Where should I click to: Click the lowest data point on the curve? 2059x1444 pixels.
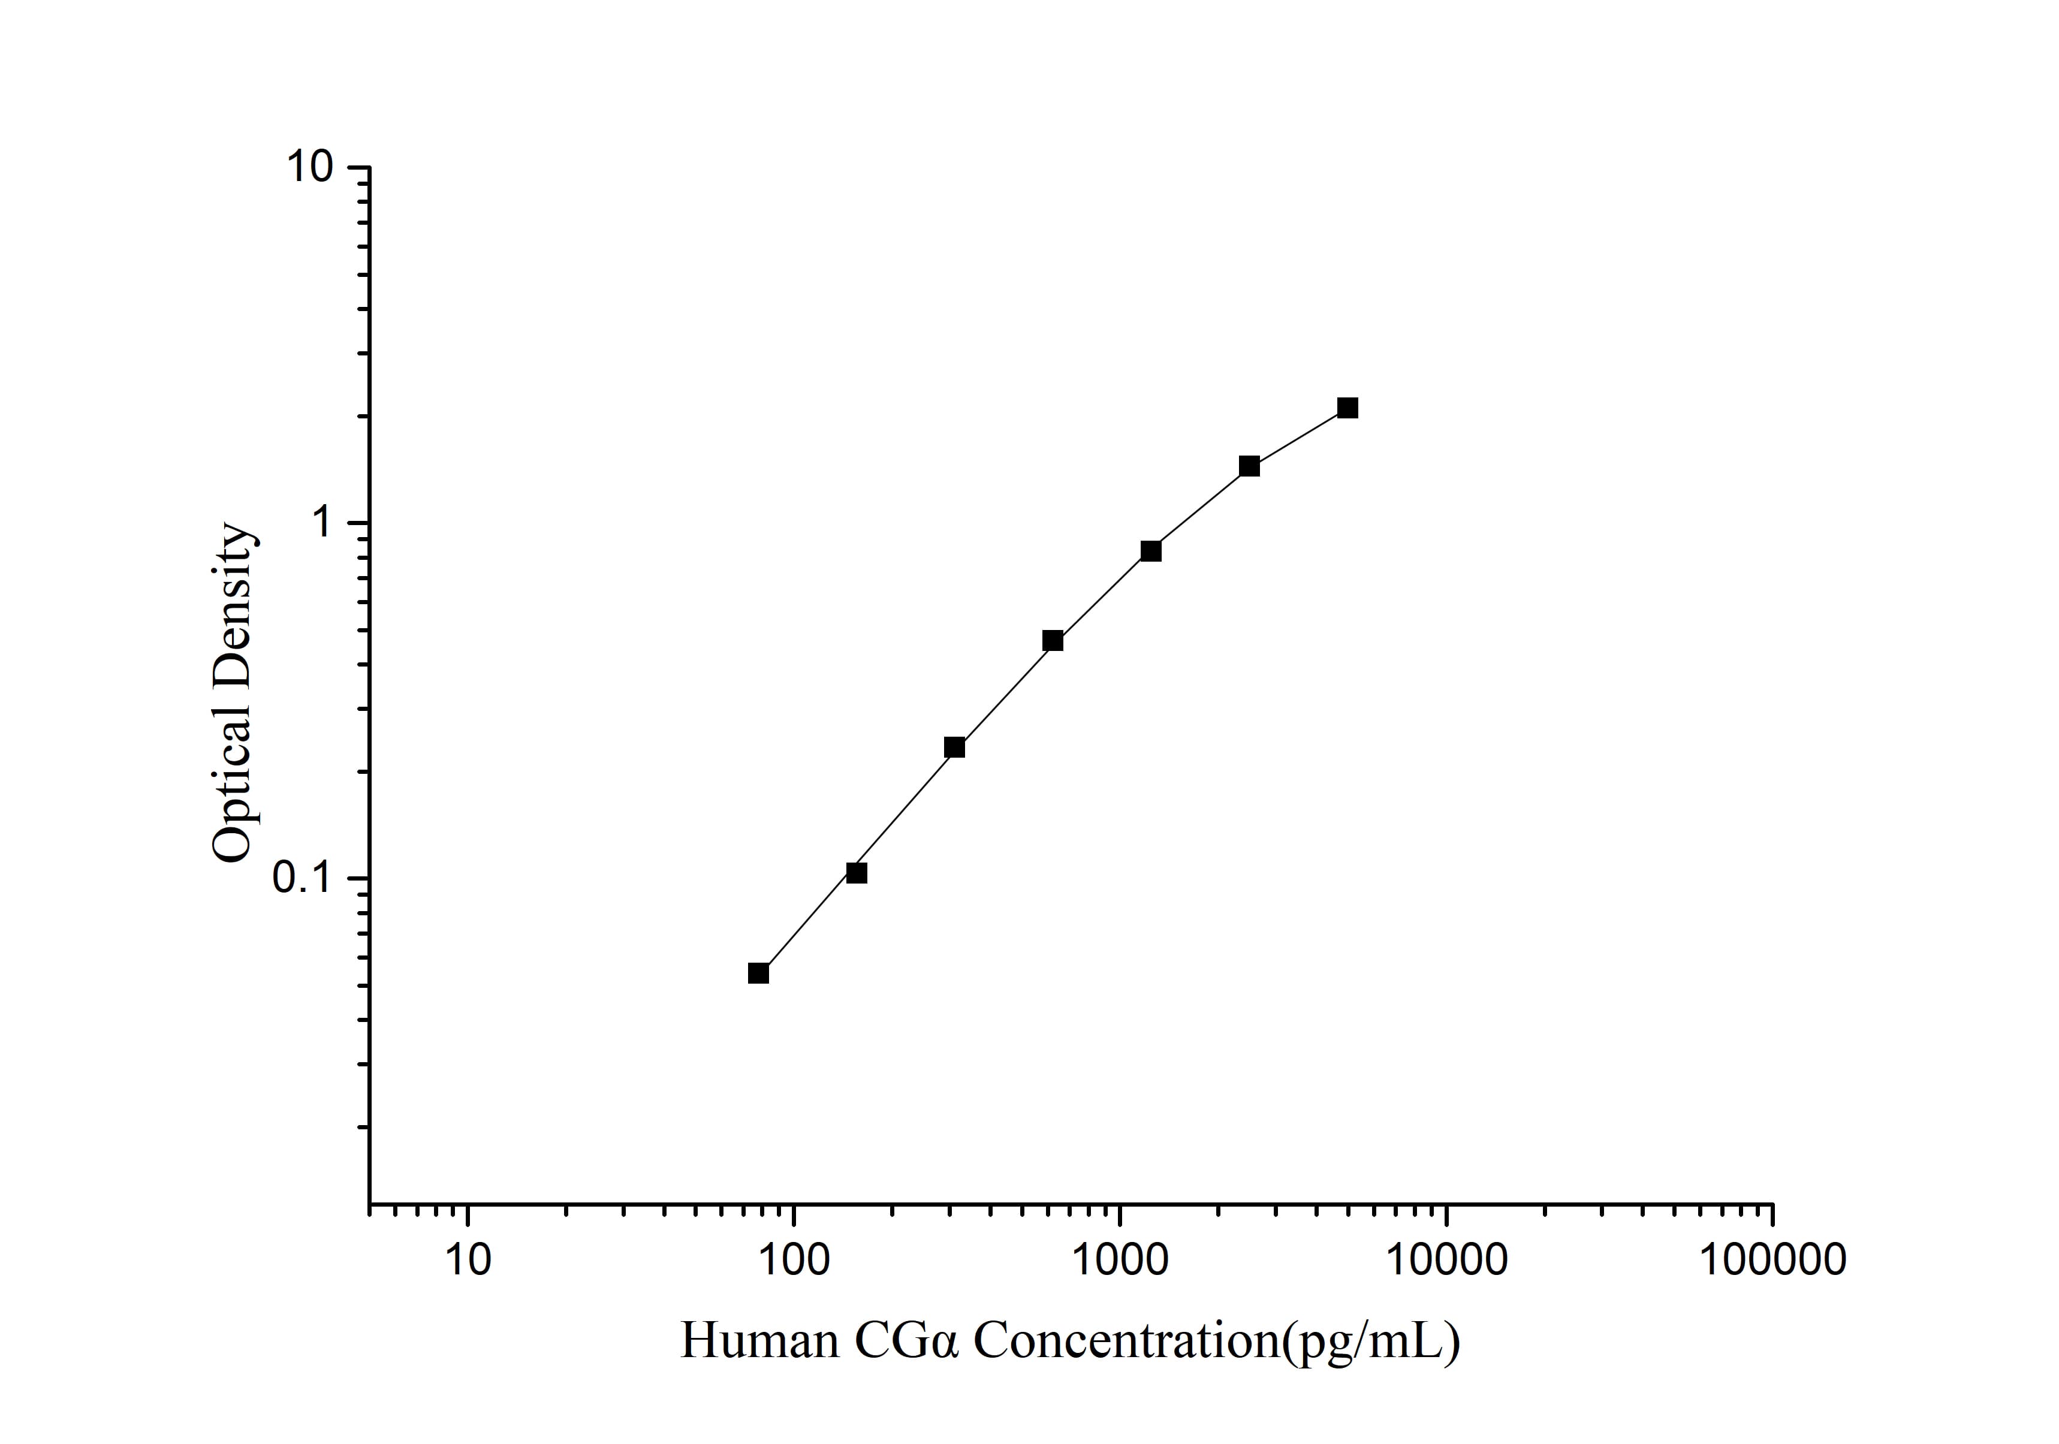758,973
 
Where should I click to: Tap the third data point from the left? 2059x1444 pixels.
954,747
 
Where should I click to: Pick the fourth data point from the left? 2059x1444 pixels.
1053,640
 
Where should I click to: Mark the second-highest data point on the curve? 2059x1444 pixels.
1249,466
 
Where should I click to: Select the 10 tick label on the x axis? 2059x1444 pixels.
467,1260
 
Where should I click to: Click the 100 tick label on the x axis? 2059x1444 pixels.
794,1260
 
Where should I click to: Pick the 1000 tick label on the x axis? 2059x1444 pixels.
1120,1260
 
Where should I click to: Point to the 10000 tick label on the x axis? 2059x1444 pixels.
1446,1260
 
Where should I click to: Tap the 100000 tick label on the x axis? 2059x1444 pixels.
1772,1260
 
